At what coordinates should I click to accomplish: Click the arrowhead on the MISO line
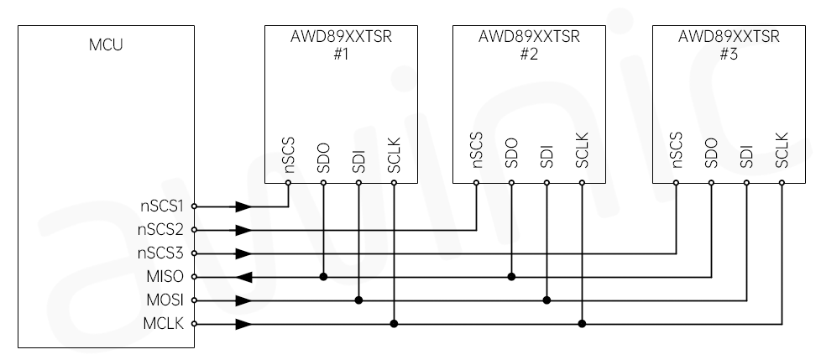coord(243,276)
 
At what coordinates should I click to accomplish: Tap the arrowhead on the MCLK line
coord(243,323)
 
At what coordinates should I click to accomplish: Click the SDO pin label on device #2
coord(511,150)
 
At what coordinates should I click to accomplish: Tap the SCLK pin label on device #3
coord(782,149)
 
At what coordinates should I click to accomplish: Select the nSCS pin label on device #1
coord(289,149)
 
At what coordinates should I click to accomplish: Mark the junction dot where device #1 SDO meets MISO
coord(323,276)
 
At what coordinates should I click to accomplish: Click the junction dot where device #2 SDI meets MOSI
coord(546,300)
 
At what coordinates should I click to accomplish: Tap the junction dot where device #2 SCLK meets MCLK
coord(582,323)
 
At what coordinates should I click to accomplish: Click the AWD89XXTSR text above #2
coord(529,37)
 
